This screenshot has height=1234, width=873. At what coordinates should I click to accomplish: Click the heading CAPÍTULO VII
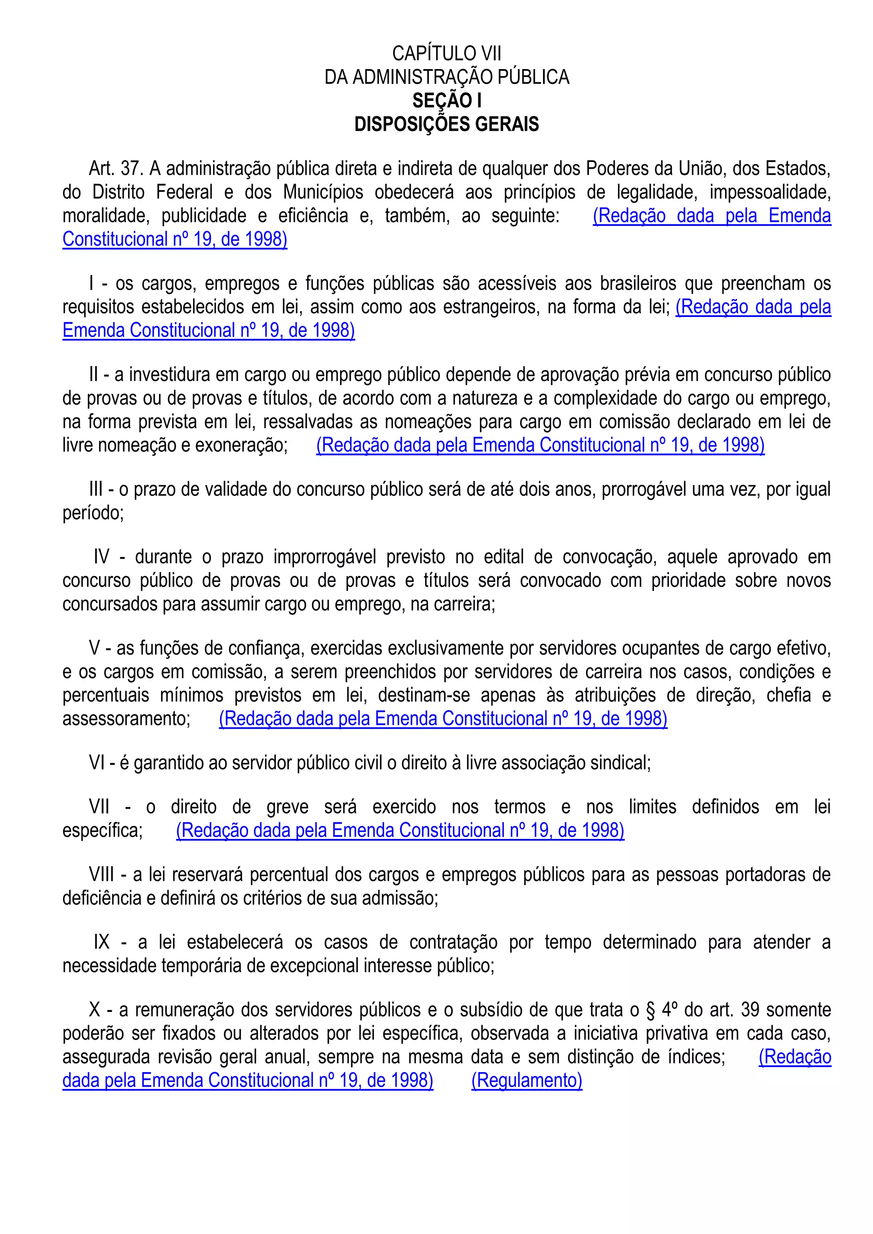click(x=447, y=54)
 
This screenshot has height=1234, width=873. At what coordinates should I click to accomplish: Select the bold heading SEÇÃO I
click(x=447, y=101)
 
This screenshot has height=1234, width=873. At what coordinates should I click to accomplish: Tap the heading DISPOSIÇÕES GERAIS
click(x=447, y=125)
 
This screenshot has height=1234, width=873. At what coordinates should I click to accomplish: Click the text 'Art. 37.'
click(x=116, y=169)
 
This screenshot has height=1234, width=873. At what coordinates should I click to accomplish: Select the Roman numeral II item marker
click(x=94, y=375)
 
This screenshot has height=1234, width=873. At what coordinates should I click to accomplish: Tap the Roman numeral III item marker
click(x=96, y=490)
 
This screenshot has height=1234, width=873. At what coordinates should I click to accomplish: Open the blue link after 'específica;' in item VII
click(x=400, y=831)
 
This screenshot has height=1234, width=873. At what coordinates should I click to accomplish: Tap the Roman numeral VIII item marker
click(x=101, y=875)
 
